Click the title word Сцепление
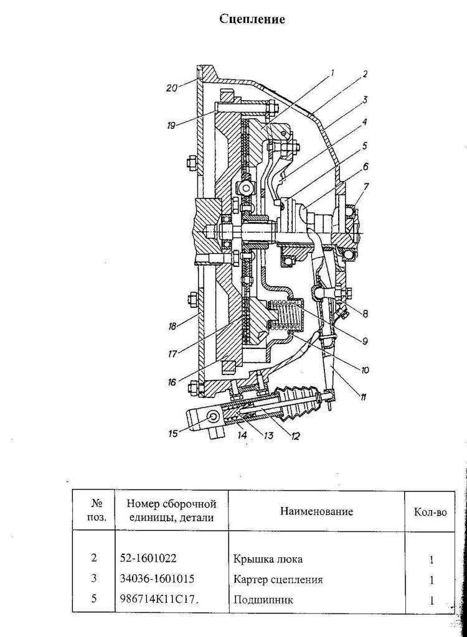(252, 19)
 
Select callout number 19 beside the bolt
(171, 126)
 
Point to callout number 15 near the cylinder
(173, 434)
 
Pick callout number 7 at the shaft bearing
(367, 187)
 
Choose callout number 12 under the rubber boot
(295, 437)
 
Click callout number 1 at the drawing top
(332, 73)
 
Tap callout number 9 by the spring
(365, 340)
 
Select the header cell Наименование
(316, 511)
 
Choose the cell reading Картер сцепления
(278, 579)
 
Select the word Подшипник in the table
(263, 600)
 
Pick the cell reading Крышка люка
(268, 559)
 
